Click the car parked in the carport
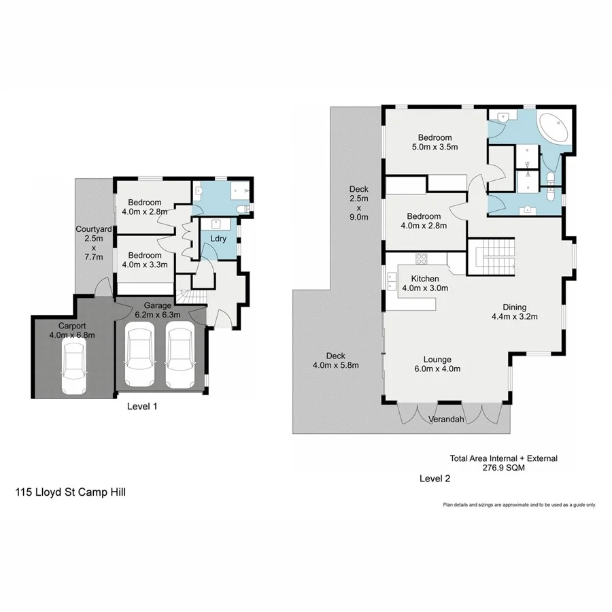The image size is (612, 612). (x=74, y=367)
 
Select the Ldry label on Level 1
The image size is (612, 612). (x=218, y=239)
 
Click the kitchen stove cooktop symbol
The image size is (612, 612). (x=421, y=258)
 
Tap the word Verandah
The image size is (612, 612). (x=446, y=420)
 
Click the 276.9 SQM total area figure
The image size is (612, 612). (x=503, y=468)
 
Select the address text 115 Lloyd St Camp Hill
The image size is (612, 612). (x=71, y=490)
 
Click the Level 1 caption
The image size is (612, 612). (x=143, y=406)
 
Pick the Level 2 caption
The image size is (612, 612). (x=435, y=479)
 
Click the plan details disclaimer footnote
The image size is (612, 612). (x=519, y=505)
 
